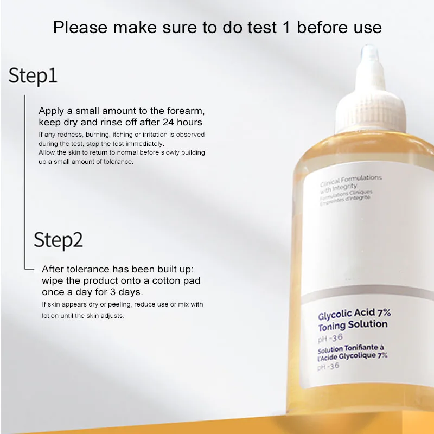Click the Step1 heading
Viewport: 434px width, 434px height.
click(x=33, y=76)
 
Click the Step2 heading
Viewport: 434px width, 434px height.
click(x=58, y=240)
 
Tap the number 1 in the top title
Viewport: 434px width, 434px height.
click(x=287, y=28)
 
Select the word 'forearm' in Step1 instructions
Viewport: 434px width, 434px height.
click(x=186, y=111)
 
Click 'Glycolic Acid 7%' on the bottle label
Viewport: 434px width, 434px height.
click(x=354, y=314)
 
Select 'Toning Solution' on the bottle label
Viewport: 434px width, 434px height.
click(x=353, y=325)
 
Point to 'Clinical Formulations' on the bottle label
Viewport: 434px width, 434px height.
click(x=350, y=181)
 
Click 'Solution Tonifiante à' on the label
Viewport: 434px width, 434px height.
click(x=350, y=349)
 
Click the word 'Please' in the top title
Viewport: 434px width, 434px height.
click(x=80, y=28)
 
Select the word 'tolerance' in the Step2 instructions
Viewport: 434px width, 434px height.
click(x=88, y=269)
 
